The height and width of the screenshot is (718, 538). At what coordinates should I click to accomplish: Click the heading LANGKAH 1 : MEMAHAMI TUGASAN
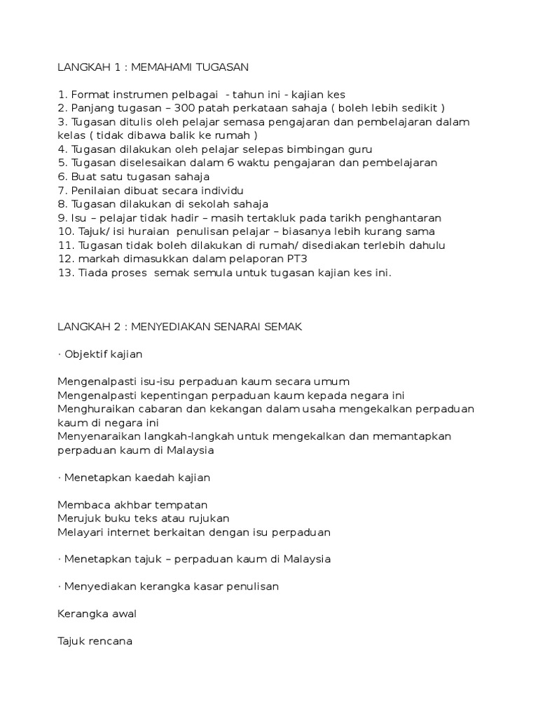153,67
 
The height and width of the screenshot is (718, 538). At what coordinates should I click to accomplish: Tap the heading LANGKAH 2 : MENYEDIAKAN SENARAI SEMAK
180,327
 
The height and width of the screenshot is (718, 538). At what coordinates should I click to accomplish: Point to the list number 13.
66,273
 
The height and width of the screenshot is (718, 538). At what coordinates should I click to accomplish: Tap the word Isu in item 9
78,218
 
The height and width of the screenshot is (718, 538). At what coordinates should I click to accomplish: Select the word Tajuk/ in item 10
95,231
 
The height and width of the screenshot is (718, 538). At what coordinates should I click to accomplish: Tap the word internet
152,532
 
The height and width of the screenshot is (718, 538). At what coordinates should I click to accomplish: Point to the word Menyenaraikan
97,436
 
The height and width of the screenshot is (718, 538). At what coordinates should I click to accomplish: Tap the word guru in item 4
361,149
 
